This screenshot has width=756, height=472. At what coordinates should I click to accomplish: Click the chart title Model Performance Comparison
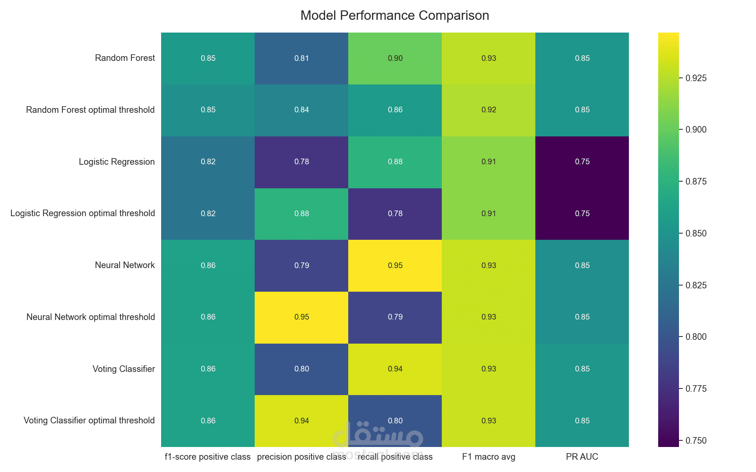pos(395,16)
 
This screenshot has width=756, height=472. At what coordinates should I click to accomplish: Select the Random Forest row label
pos(125,58)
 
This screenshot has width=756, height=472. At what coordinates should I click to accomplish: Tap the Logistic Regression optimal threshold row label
pos(83,213)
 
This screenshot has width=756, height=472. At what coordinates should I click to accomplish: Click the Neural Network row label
pos(125,265)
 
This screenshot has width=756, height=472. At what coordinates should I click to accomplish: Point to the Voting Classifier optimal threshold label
pos(89,421)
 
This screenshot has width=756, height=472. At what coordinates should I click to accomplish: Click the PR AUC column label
pos(582,457)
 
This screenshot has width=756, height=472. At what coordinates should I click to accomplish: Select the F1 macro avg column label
pos(489,457)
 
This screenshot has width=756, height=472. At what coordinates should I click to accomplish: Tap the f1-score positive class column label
pos(207,457)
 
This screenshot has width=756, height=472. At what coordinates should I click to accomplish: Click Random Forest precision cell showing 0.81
pos(301,59)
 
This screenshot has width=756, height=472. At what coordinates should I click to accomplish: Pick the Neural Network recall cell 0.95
pos(395,266)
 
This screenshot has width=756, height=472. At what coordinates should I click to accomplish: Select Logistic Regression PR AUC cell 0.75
pos(582,162)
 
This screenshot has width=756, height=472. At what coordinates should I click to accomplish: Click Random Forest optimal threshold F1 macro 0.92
pos(489,110)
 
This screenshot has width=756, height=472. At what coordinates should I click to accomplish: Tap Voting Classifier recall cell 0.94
pos(395,369)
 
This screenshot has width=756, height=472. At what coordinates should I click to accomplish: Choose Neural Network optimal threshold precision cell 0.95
pos(301,317)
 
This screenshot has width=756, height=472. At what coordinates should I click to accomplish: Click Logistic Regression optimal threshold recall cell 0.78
pos(395,214)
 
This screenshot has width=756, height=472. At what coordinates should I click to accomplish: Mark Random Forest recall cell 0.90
pos(395,59)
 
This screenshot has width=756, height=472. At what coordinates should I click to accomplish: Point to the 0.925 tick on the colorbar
pos(696,78)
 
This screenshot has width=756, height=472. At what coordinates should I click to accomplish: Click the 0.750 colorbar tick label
pos(696,441)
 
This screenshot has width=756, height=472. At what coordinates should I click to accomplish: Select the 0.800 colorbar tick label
pos(696,337)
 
